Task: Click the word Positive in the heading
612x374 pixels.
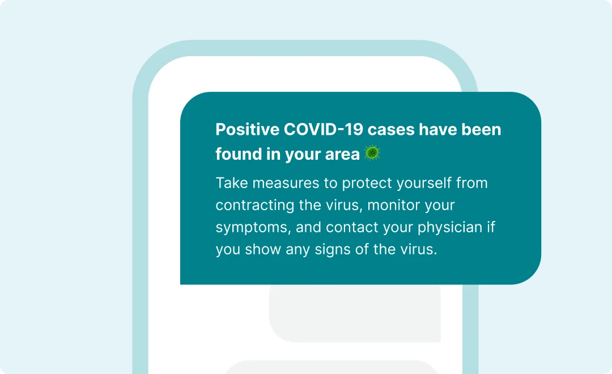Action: [248, 130]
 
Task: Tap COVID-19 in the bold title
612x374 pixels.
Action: [324, 130]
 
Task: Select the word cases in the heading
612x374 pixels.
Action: [391, 130]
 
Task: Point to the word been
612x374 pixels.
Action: [481, 130]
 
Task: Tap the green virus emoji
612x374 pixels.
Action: [372, 153]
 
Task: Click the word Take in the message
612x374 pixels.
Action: [232, 182]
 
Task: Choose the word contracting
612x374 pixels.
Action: [255, 206]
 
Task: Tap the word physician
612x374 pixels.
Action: [450, 228]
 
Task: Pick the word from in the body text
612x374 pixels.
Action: [472, 182]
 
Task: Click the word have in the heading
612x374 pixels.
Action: [438, 130]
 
